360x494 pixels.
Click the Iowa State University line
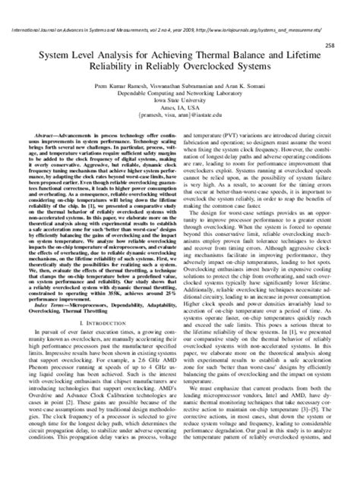(180, 99)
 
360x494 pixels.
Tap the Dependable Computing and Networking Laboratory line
(180, 92)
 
